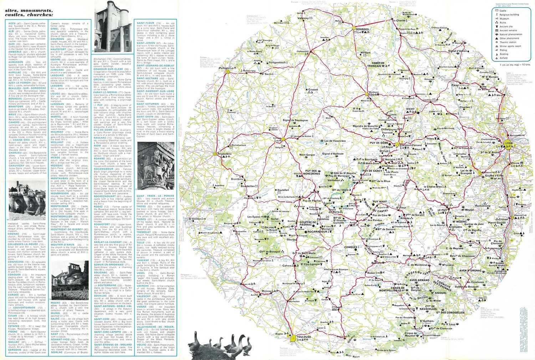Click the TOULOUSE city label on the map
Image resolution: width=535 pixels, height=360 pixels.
point(304,337)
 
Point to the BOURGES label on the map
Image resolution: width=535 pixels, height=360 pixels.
point(362,29)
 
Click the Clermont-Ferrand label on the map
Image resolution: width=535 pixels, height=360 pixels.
point(411,145)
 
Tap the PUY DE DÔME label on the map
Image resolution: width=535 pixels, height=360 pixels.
point(379,143)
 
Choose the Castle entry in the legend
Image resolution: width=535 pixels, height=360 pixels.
point(503,11)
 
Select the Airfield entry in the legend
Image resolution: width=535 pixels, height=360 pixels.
point(504,58)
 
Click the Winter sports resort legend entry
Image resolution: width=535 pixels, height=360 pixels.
point(510,46)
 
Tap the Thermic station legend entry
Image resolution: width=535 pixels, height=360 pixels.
point(508,42)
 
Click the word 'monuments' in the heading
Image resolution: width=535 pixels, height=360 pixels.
point(33,11)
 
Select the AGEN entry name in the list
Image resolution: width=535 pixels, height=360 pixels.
point(12,23)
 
